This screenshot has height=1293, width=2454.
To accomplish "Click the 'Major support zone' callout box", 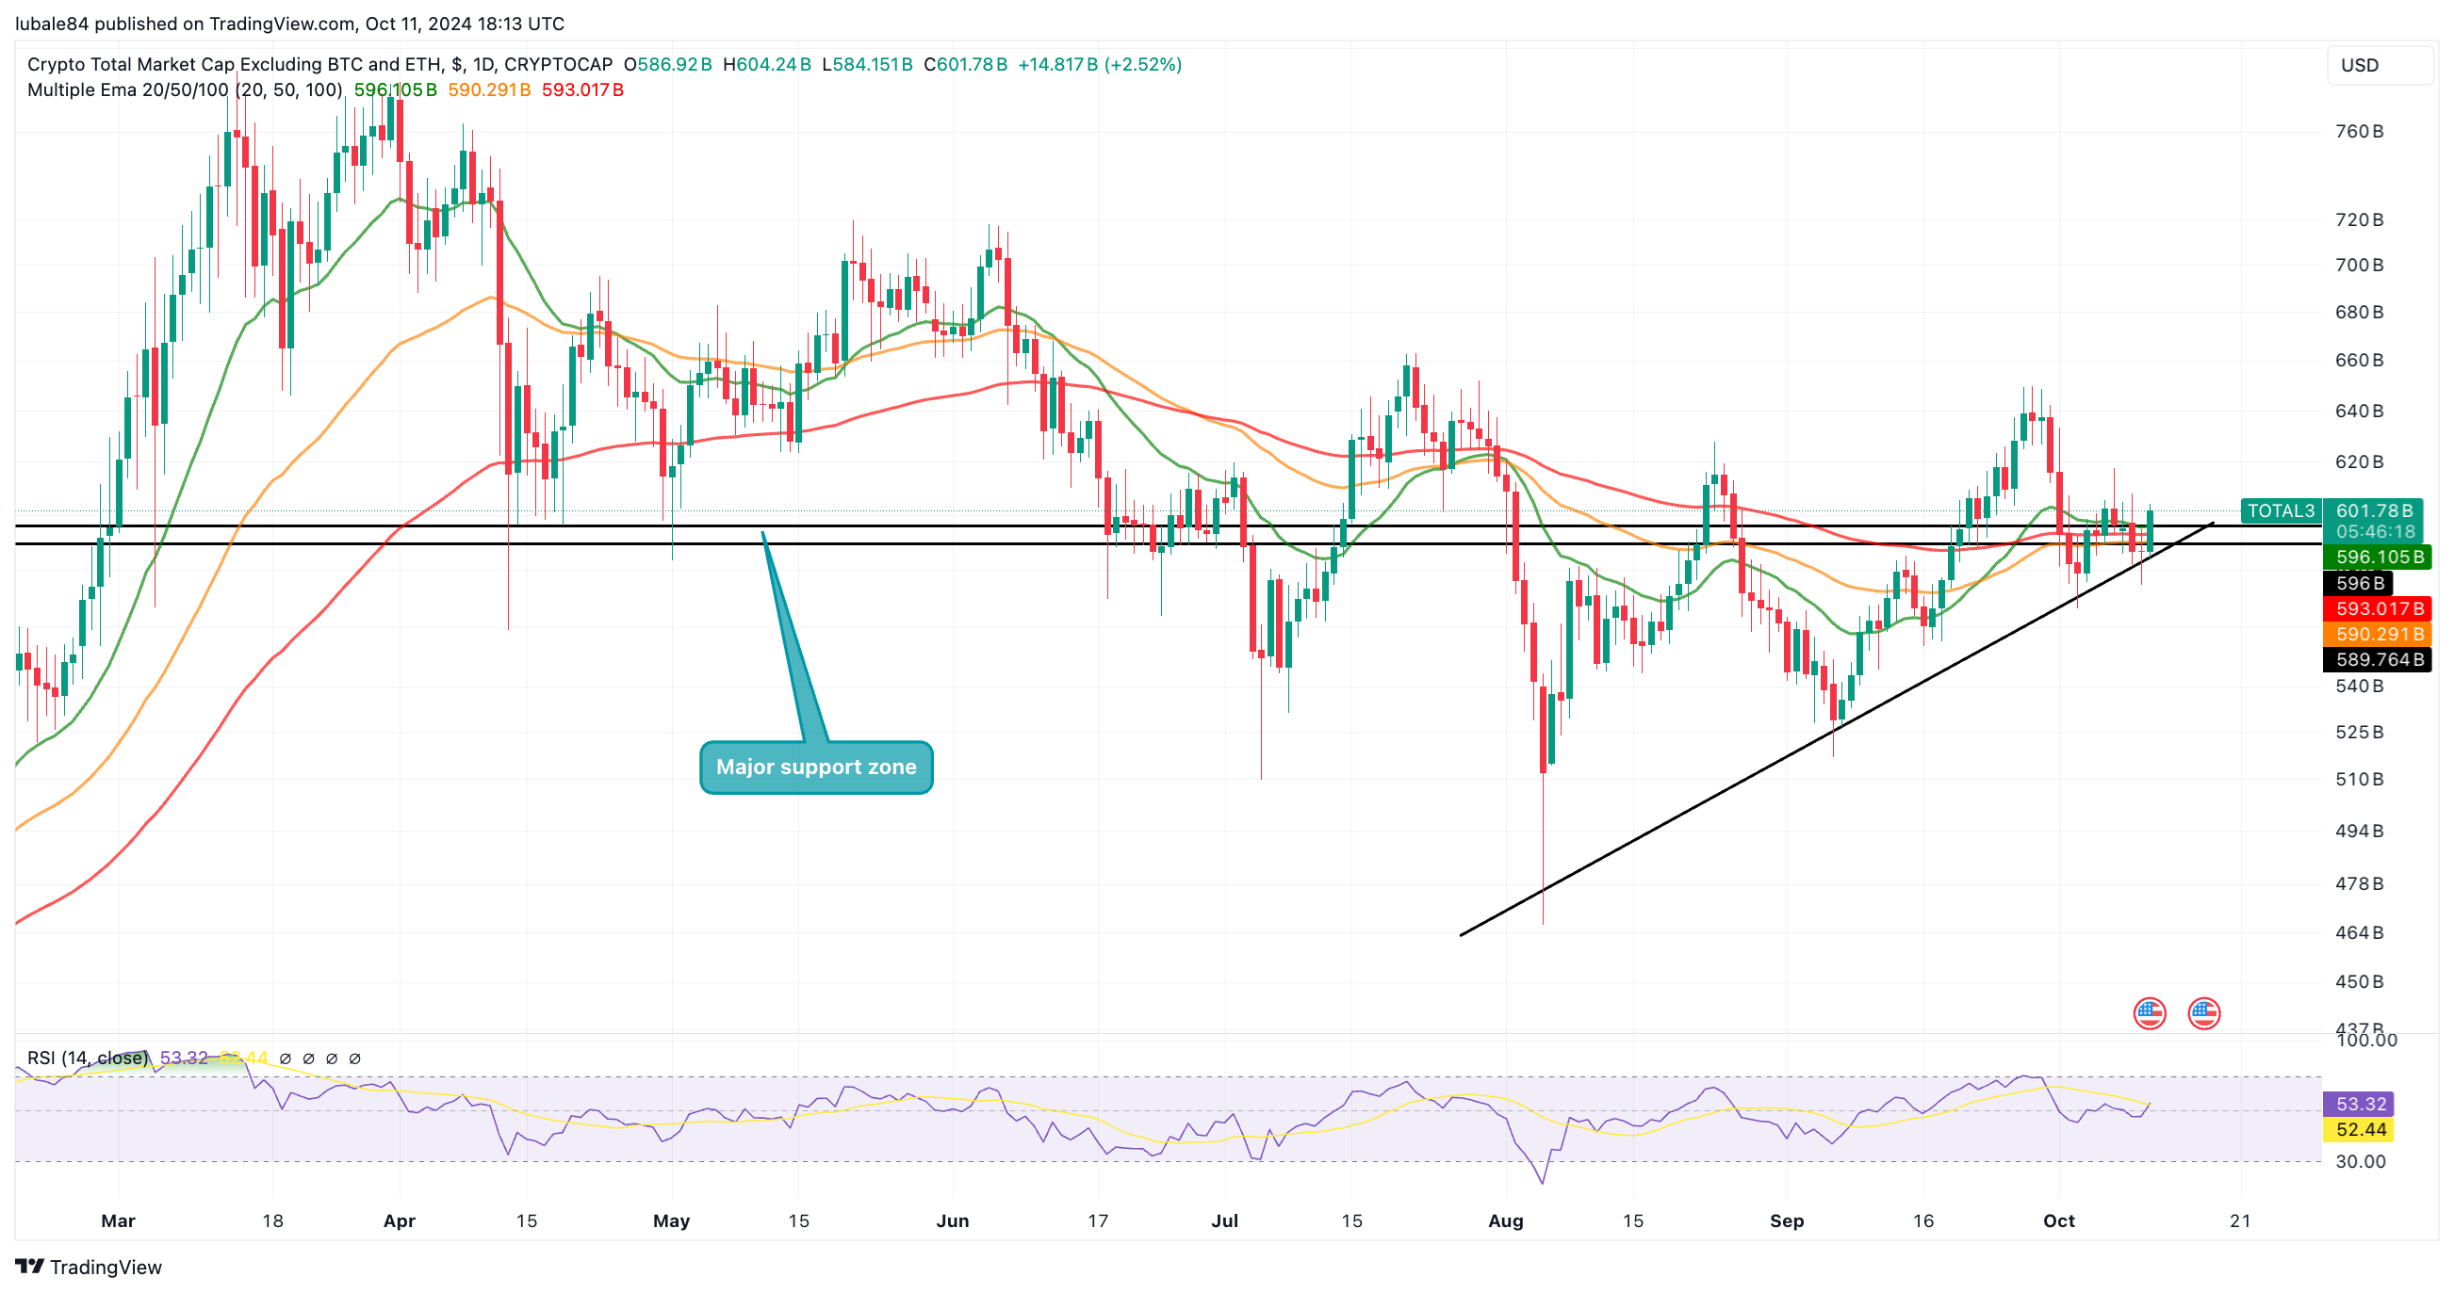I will click(815, 767).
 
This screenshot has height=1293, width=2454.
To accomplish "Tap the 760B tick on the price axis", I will click(2359, 132).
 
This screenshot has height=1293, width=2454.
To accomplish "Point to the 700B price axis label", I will click(2359, 265).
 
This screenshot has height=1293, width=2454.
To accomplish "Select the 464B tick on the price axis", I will click(2359, 932).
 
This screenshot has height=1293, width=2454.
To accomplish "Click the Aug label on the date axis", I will click(1505, 1220).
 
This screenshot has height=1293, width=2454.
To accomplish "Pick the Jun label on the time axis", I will click(952, 1220).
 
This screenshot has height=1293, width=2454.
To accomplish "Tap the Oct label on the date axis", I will click(2057, 1220).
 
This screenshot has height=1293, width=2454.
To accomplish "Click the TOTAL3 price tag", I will click(2280, 511).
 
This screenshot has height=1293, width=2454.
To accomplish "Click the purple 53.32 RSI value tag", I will click(2361, 1105).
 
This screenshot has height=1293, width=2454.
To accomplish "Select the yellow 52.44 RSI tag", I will click(2361, 1130).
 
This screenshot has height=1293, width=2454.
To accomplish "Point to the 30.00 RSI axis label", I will click(2360, 1161).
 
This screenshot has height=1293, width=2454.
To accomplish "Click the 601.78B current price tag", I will click(2373, 511).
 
